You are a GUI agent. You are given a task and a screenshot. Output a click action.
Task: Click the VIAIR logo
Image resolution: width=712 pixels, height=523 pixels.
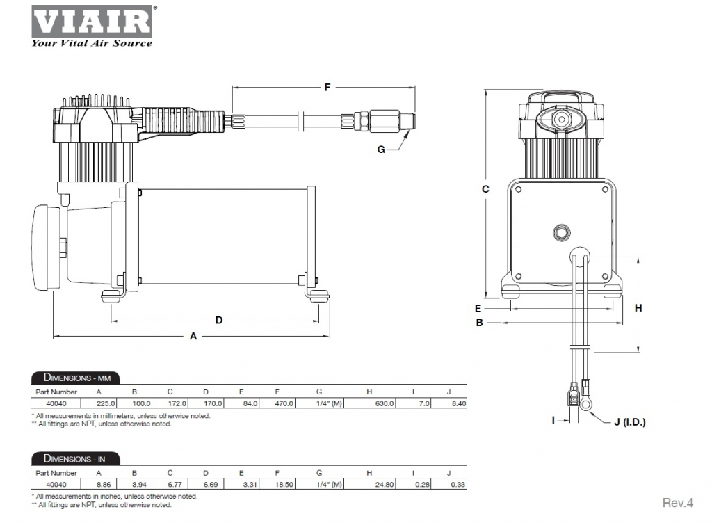(x=92, y=22)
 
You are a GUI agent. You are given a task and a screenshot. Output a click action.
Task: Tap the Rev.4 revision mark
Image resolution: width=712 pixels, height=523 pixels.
(x=677, y=503)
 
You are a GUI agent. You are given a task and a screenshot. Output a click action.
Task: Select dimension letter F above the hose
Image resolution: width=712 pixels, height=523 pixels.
(x=327, y=87)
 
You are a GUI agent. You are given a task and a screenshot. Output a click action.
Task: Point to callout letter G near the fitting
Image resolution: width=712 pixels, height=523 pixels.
(x=381, y=150)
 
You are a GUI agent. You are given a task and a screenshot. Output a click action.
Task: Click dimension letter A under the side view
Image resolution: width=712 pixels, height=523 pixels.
(x=193, y=337)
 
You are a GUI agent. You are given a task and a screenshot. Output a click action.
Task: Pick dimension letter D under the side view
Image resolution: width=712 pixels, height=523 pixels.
(x=219, y=321)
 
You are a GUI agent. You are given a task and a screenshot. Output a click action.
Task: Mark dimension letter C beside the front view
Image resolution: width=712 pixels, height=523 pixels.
(x=485, y=189)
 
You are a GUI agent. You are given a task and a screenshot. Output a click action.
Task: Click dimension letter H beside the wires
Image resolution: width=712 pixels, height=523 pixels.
(x=638, y=308)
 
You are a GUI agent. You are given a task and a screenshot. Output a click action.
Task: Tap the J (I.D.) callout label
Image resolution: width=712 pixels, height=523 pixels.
(x=630, y=422)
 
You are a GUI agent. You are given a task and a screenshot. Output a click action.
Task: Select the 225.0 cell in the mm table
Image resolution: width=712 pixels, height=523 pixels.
(x=106, y=403)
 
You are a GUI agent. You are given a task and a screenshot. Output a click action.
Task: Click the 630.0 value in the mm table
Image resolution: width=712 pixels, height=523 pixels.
(x=385, y=403)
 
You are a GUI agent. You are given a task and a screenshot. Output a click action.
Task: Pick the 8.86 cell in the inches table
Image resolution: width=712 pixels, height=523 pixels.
(x=104, y=485)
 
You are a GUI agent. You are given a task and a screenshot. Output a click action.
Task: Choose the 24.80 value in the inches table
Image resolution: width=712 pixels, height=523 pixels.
(x=385, y=485)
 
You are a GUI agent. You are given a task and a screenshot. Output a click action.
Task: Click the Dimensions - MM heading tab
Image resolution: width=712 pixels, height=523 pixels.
(x=76, y=378)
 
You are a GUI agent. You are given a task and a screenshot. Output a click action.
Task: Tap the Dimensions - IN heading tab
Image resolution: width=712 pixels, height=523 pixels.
(x=75, y=458)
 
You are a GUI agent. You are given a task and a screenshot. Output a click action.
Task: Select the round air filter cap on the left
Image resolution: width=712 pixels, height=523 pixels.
(x=46, y=248)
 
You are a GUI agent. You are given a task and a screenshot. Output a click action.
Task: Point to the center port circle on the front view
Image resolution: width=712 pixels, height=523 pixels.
(x=562, y=232)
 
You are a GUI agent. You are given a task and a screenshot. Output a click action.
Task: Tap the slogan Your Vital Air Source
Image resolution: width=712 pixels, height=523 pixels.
(x=92, y=43)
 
